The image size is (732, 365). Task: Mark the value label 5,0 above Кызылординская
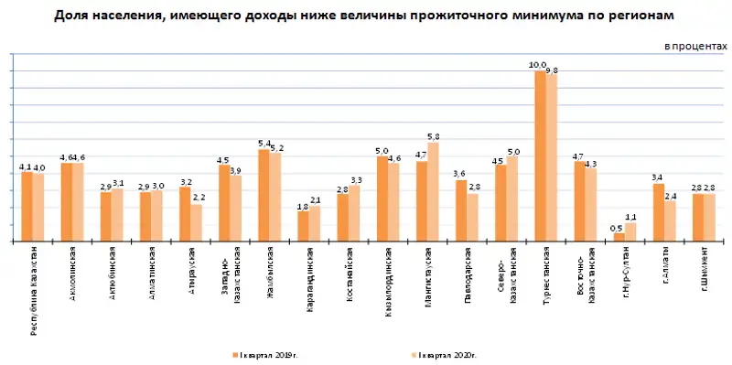[382, 150]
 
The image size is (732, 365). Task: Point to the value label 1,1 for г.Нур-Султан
[630, 216]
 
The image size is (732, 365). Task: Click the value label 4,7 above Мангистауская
[422, 155]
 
